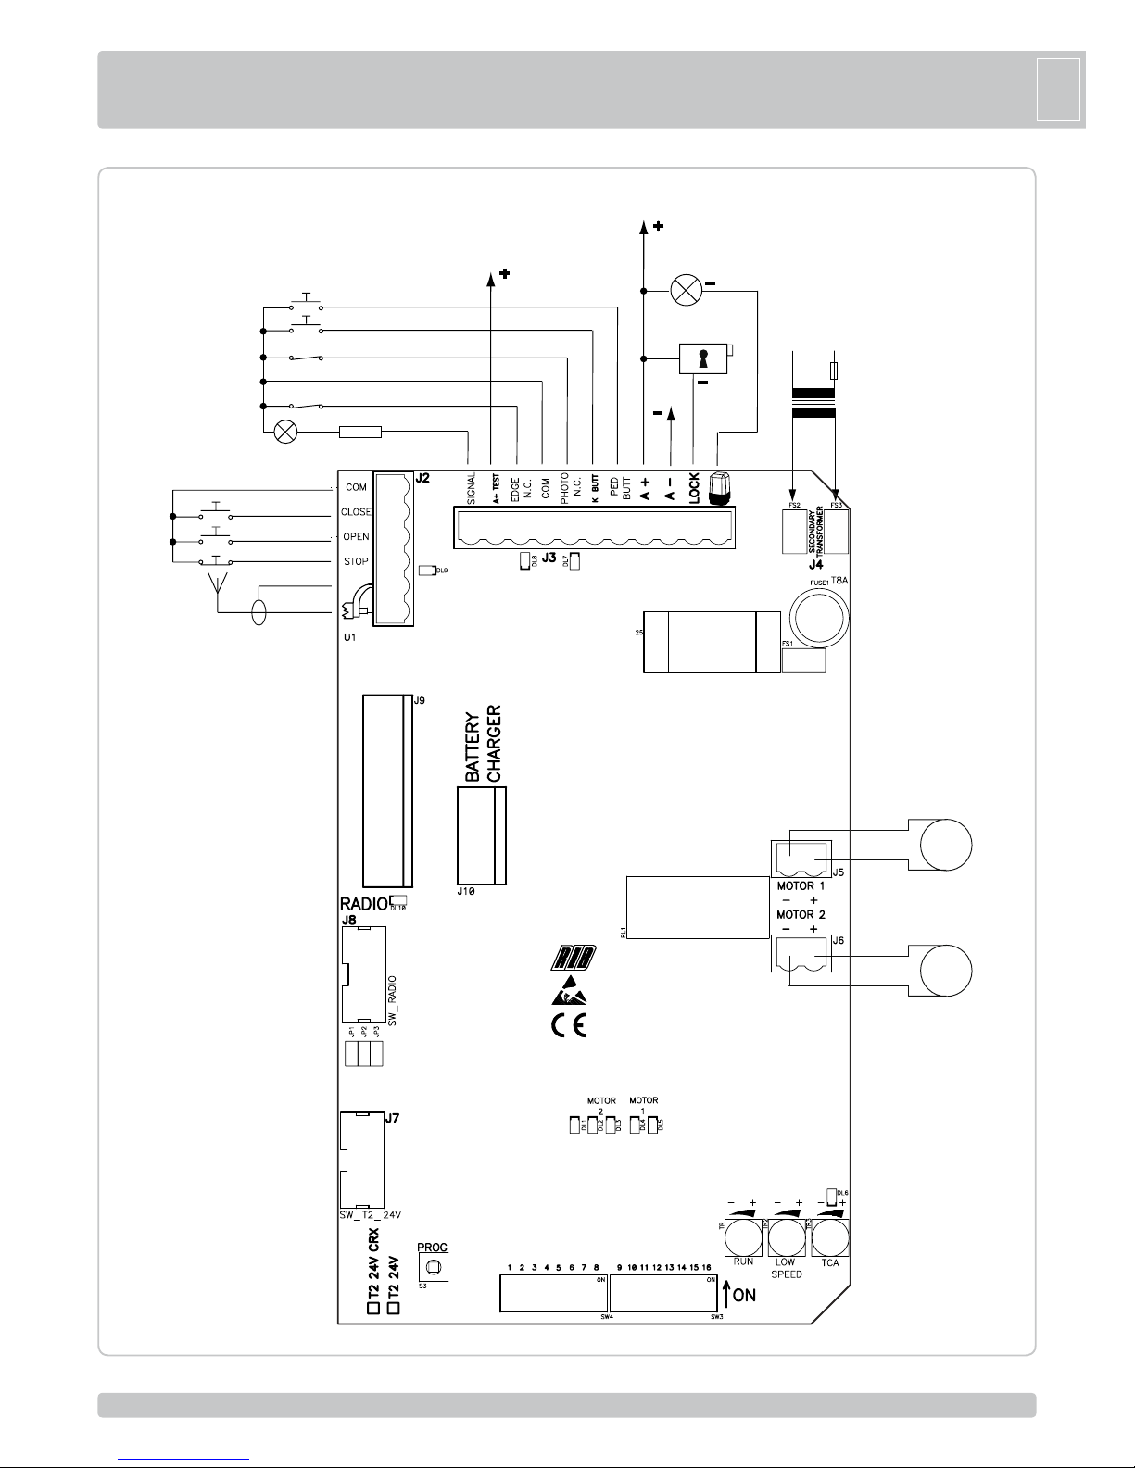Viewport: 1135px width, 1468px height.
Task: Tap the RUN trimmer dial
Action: [x=742, y=1237]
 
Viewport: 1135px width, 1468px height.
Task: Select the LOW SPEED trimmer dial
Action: [x=787, y=1237]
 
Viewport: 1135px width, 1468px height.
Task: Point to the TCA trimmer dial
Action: [x=830, y=1237]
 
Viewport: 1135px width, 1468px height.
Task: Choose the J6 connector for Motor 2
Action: [x=801, y=954]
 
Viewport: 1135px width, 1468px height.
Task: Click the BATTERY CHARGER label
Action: [x=482, y=746]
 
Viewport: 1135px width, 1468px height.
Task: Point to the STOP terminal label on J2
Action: [x=357, y=561]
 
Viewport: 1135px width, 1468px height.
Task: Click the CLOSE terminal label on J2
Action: [x=357, y=512]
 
